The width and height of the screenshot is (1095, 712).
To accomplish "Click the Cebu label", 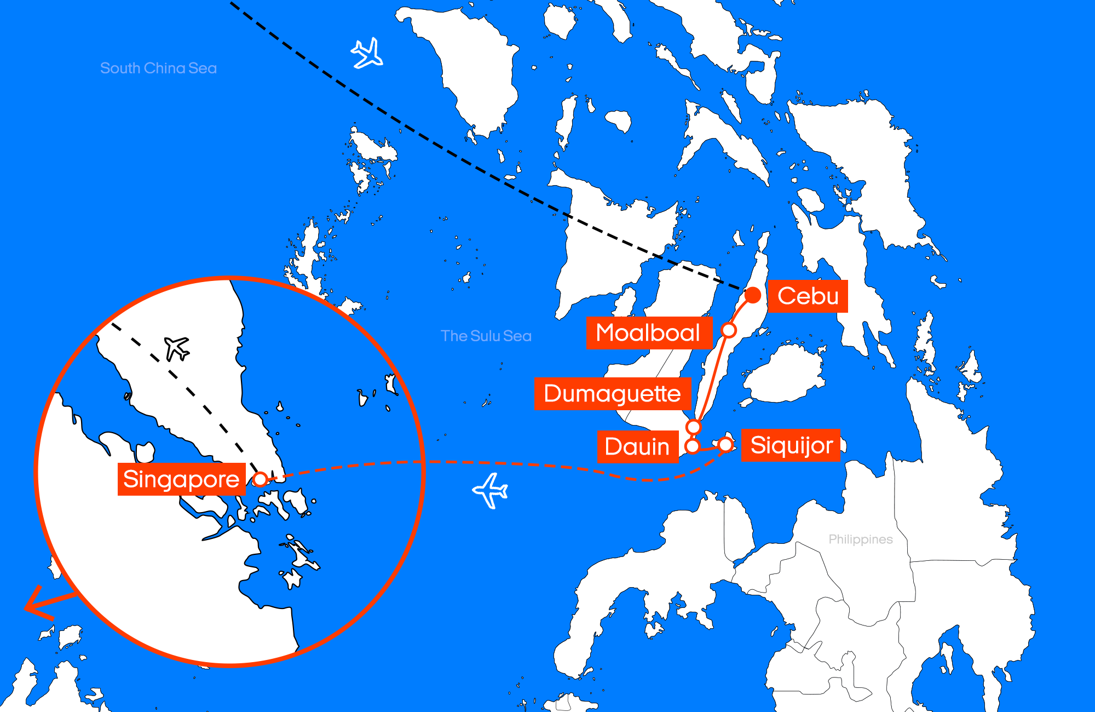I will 808,296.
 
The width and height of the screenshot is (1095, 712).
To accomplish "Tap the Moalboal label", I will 648,333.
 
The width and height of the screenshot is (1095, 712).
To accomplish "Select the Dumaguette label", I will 612,394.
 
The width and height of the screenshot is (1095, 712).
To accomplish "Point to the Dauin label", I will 637,447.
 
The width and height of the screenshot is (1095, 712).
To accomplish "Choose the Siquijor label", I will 791,445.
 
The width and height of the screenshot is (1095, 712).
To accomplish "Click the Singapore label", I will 181,479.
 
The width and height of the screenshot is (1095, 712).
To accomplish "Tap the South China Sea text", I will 158,68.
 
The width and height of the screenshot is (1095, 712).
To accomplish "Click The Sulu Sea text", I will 486,336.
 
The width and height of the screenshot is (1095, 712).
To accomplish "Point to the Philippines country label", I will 860,539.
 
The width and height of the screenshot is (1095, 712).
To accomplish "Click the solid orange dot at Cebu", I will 753,295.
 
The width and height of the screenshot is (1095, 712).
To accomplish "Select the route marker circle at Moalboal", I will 729,330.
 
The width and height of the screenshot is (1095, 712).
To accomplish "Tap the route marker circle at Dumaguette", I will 694,427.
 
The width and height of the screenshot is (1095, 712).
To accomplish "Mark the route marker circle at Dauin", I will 693,446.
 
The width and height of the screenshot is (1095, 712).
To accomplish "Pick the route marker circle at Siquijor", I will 725,445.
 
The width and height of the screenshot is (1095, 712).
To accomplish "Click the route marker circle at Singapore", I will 261,479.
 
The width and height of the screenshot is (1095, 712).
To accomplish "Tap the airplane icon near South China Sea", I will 367,53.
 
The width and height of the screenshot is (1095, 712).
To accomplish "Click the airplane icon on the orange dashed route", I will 490,490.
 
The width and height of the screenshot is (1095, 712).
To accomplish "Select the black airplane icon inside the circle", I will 177,348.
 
